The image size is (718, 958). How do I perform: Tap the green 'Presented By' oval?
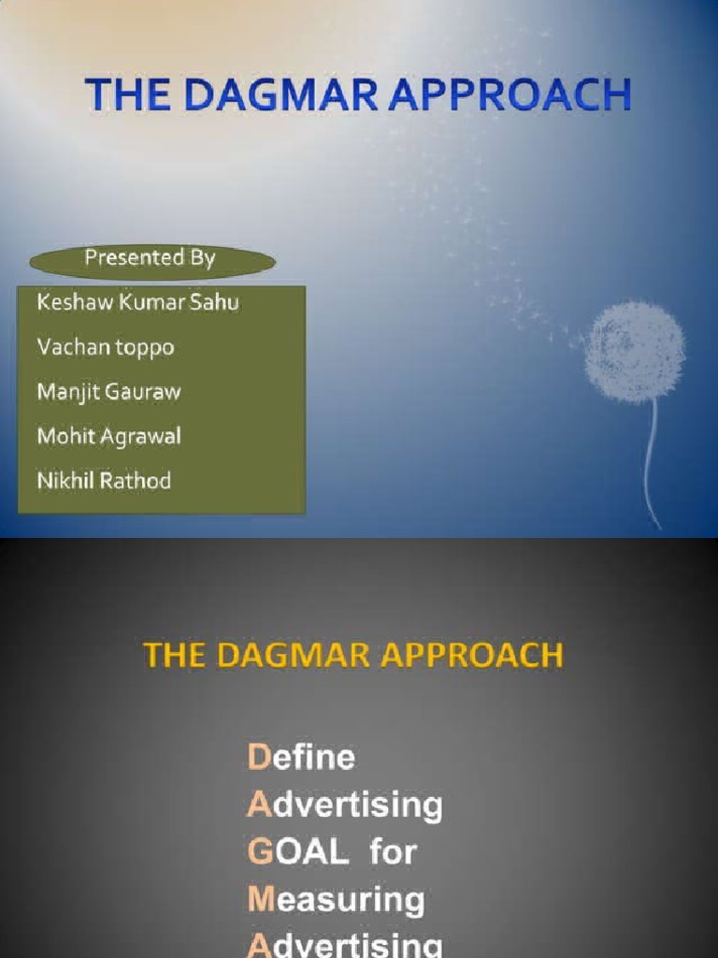point(151,259)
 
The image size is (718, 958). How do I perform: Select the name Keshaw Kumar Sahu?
point(137,303)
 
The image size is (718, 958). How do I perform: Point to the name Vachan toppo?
point(105,348)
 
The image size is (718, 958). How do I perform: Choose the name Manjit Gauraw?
point(108,392)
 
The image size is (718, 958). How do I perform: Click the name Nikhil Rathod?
point(104,481)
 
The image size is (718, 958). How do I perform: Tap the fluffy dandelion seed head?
point(635,351)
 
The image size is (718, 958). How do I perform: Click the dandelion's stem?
point(651,458)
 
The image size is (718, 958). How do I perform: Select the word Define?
point(301,756)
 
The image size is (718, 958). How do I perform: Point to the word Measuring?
point(336,900)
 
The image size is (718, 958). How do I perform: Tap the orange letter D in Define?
point(257,756)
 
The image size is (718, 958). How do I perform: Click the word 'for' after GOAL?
point(393,851)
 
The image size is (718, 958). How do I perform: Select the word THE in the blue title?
point(122,97)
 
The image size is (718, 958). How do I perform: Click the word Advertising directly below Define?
point(345,805)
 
